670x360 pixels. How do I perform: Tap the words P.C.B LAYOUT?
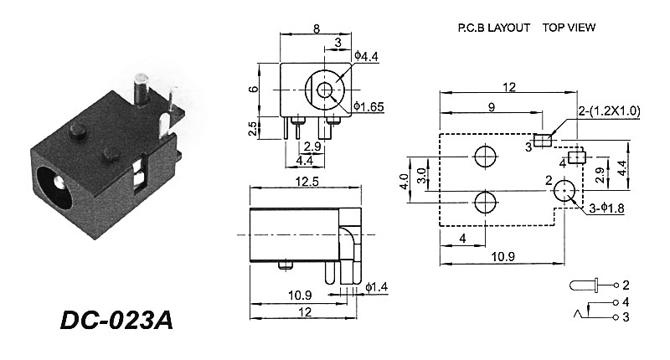coord(493,28)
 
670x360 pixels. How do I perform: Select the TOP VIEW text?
coord(569,28)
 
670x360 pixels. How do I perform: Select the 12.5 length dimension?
coord(305,180)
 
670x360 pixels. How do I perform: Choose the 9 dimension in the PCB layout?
coord(491,106)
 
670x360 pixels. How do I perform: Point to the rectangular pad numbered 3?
coord(542,140)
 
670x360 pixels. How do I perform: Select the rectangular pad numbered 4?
coord(575,157)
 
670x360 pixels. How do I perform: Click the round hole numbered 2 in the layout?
coord(566,194)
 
